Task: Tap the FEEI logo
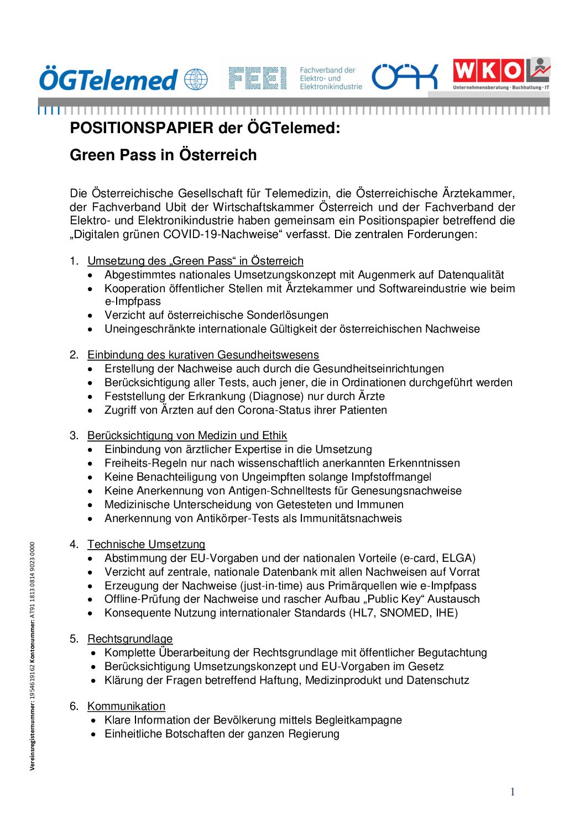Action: tap(258, 78)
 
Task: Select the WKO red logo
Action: tap(488, 71)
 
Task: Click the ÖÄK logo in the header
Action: tap(404, 77)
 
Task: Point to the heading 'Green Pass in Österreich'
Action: tap(163, 155)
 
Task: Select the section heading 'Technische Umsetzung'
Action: tap(146, 544)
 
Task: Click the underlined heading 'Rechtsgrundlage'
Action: tap(130, 639)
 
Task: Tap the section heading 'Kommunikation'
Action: tap(126, 706)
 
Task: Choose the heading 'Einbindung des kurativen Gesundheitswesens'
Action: tap(203, 355)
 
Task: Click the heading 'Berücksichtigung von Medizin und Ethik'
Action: tap(187, 435)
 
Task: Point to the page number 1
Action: tap(513, 792)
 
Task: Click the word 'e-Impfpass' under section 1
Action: tap(133, 302)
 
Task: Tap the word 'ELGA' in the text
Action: tap(457, 558)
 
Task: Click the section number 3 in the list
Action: tap(74, 435)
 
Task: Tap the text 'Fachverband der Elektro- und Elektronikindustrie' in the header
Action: tap(331, 78)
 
